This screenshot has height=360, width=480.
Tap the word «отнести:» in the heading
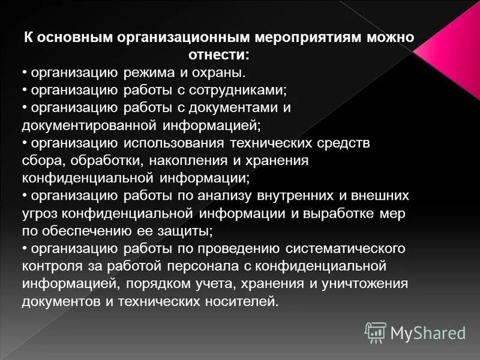coord(219,55)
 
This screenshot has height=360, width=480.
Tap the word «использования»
coord(173,143)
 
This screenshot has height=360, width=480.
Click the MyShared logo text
coord(428,332)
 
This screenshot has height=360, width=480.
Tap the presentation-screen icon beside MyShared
coord(376,332)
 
